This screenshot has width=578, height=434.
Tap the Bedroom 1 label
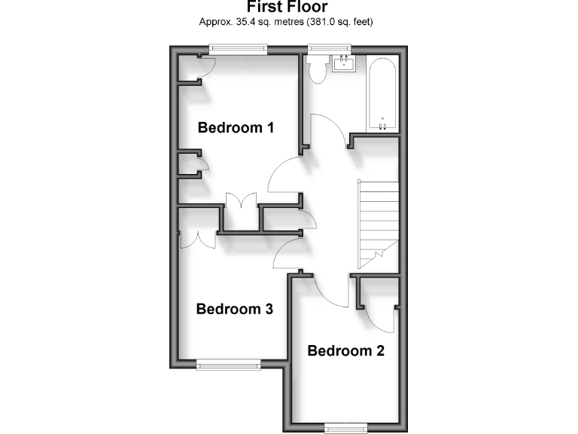pos(235,127)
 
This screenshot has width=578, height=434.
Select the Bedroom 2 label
pos(345,350)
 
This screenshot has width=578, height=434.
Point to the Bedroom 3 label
pos(234,309)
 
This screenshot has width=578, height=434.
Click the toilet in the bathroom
pos(316,69)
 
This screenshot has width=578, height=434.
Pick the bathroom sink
pos(344,63)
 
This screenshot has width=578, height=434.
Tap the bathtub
pos(383,93)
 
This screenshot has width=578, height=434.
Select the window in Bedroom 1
pos(238,50)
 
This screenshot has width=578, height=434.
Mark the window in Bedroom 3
pos(229,365)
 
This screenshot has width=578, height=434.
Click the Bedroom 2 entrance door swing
pos(331,290)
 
